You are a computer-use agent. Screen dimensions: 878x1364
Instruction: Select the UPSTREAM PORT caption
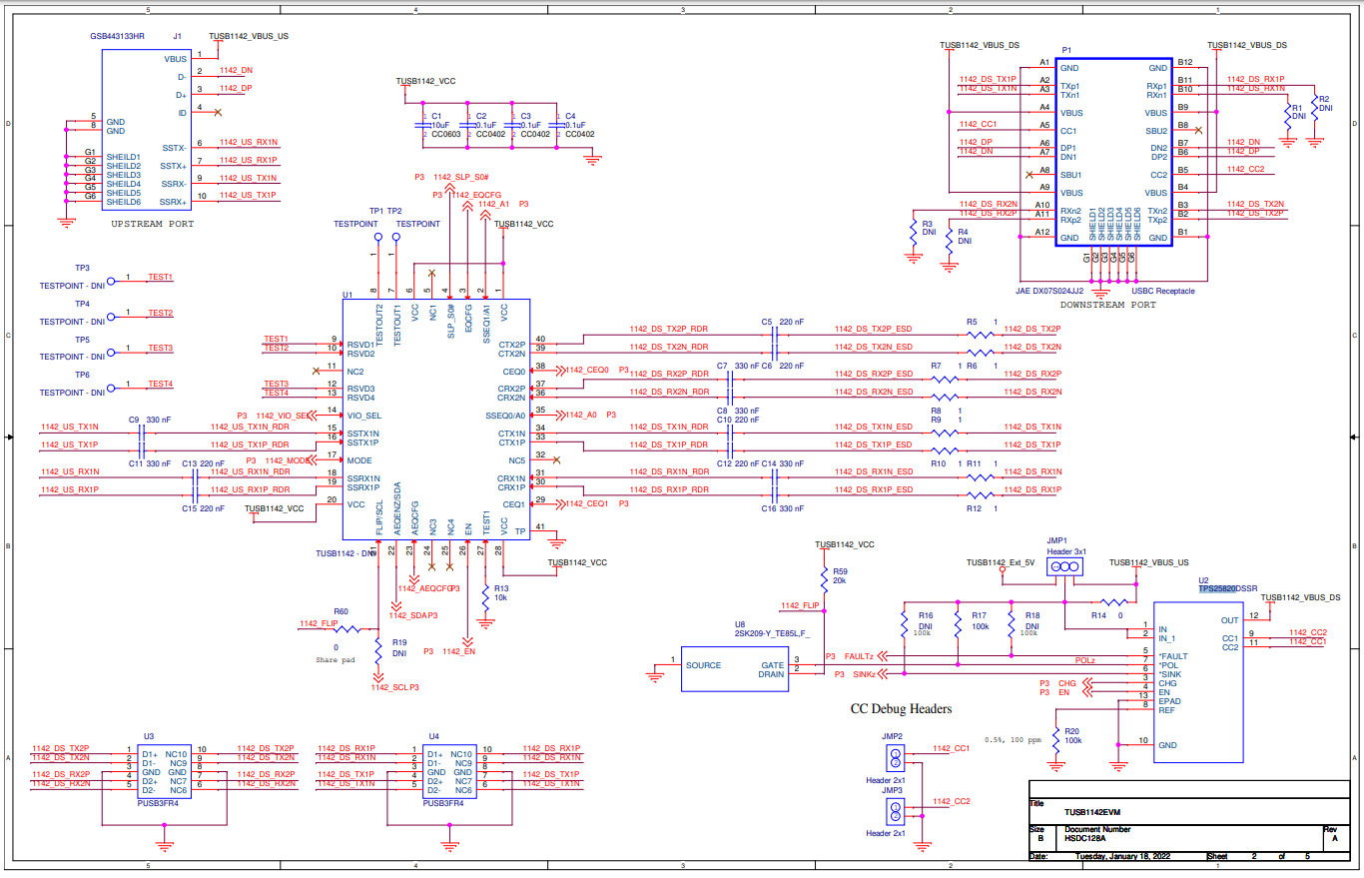pos(153,224)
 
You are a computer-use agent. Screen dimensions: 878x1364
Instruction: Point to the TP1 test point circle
pos(377,239)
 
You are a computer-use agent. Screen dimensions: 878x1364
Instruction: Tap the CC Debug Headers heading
pos(900,709)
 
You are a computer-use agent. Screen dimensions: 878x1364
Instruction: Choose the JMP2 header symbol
pos(896,754)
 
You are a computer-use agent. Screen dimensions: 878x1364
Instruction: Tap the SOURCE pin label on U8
pos(703,665)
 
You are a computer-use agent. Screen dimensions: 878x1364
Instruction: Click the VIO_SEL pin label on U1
pos(363,415)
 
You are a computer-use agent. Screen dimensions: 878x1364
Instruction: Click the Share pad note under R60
pos(335,660)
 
